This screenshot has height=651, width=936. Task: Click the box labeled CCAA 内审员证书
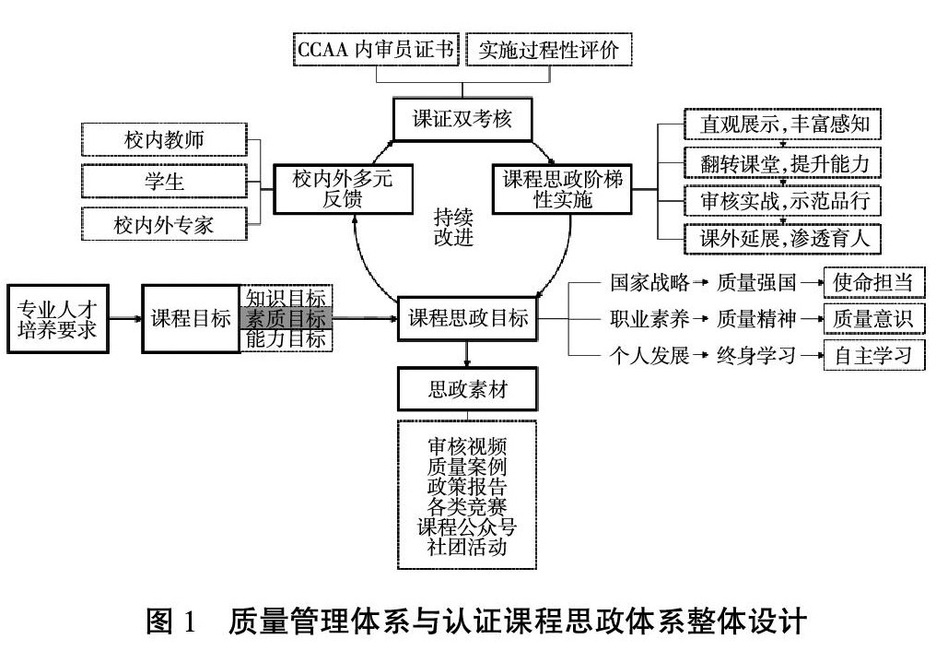376,50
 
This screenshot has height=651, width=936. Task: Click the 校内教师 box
164,140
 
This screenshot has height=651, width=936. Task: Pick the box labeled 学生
164,182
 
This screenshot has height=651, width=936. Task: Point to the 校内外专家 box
164,223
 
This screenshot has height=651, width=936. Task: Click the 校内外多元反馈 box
342,189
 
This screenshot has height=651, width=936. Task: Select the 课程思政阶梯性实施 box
562,189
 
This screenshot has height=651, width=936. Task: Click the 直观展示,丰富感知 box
783,122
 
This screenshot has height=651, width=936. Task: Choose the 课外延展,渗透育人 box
783,239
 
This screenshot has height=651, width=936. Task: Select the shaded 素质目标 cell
285,319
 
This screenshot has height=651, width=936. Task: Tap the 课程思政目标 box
468,319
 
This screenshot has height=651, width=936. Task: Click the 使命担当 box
873,281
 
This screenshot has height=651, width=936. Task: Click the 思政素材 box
468,390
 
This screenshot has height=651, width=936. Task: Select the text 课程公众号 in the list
467,527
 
